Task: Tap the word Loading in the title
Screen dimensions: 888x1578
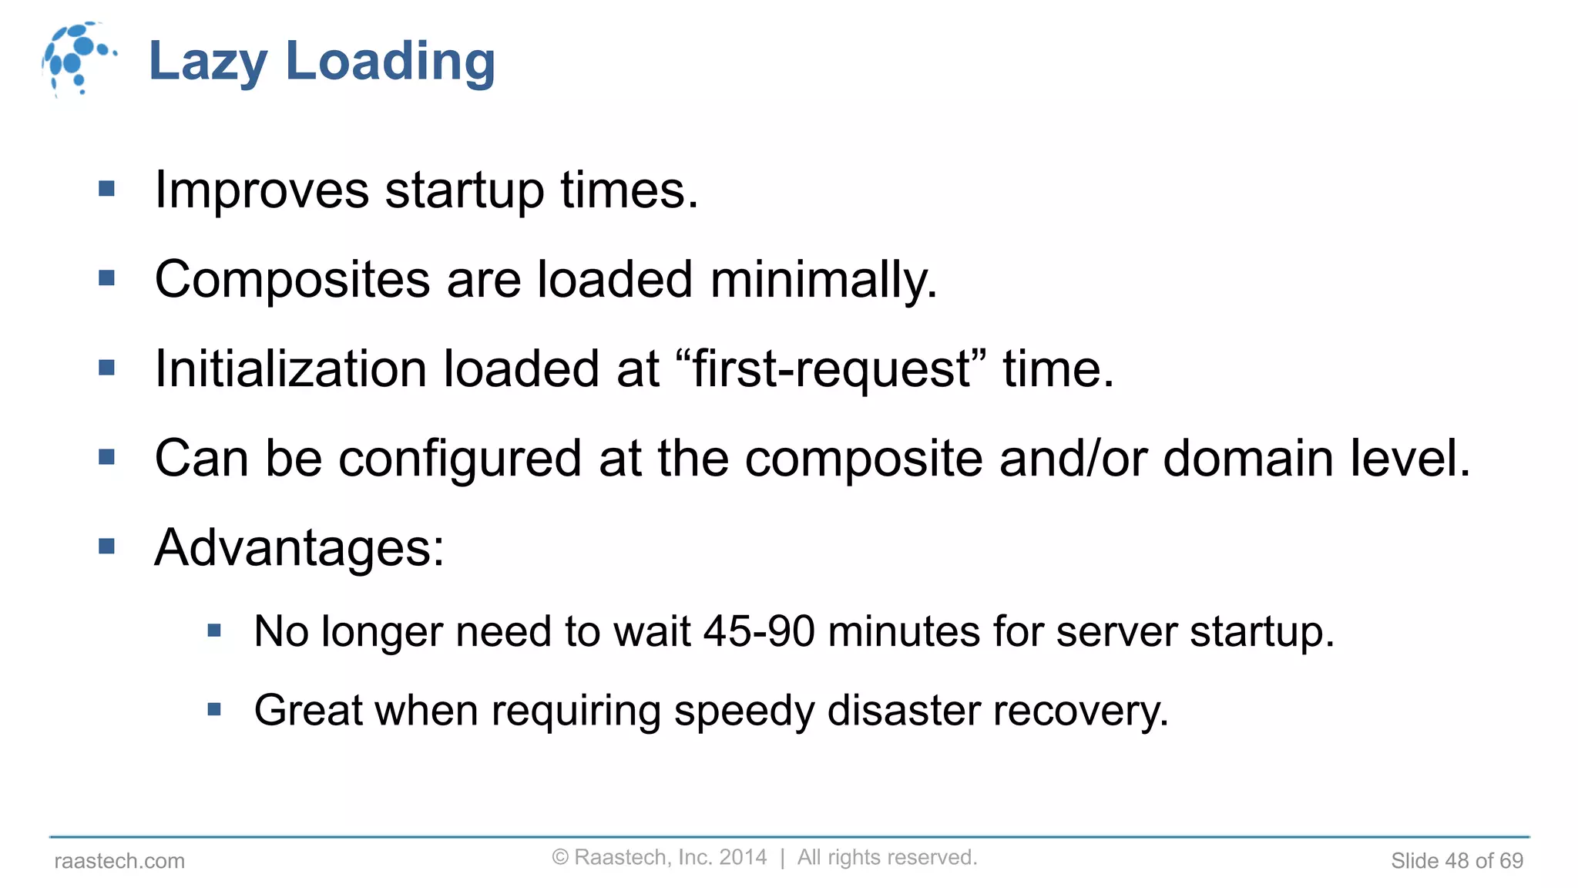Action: [391, 62]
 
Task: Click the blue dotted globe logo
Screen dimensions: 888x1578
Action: [77, 59]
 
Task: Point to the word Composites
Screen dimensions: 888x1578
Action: [292, 280]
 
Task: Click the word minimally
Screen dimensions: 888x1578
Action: [823, 279]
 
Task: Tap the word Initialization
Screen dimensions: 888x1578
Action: [290, 368]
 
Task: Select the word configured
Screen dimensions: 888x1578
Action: [460, 459]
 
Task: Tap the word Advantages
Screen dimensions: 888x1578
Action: [299, 548]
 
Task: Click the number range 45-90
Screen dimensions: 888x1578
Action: [759, 631]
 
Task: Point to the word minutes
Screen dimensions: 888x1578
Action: [903, 631]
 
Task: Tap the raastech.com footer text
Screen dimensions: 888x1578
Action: [119, 861]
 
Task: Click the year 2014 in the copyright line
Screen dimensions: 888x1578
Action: [743, 857]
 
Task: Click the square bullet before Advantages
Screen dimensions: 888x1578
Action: [107, 547]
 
